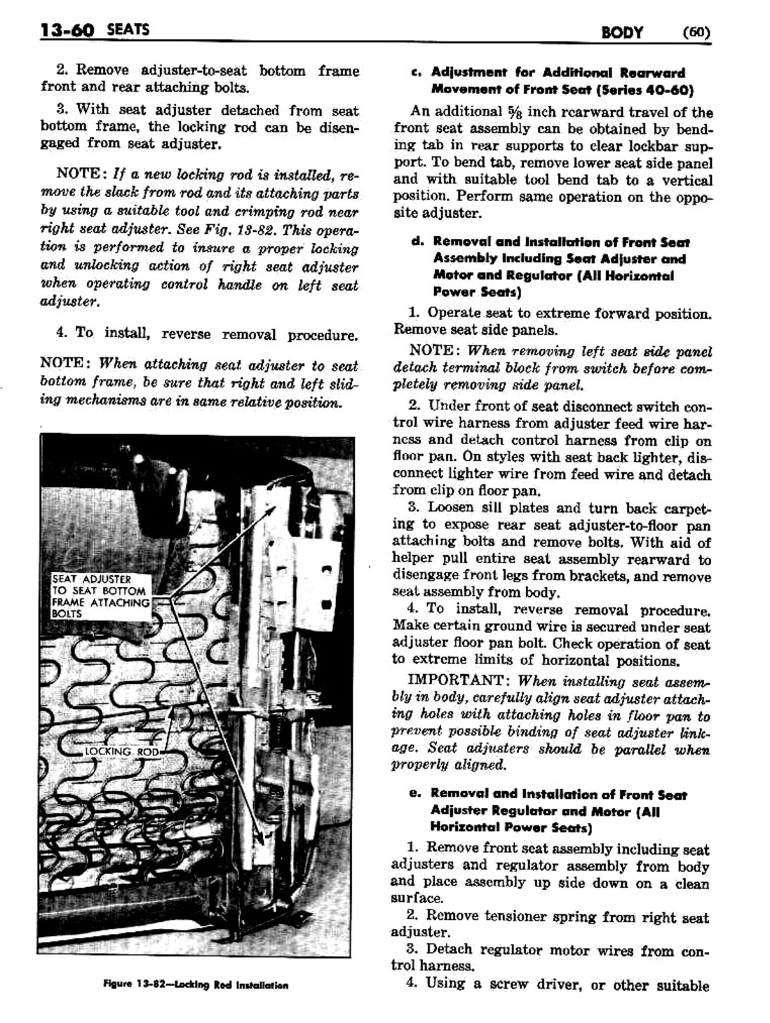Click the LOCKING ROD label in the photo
[x=121, y=751]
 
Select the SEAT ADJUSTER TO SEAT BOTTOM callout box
[x=101, y=596]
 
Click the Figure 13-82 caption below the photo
[x=195, y=984]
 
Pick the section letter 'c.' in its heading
[x=417, y=72]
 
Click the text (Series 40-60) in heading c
[x=644, y=90]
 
